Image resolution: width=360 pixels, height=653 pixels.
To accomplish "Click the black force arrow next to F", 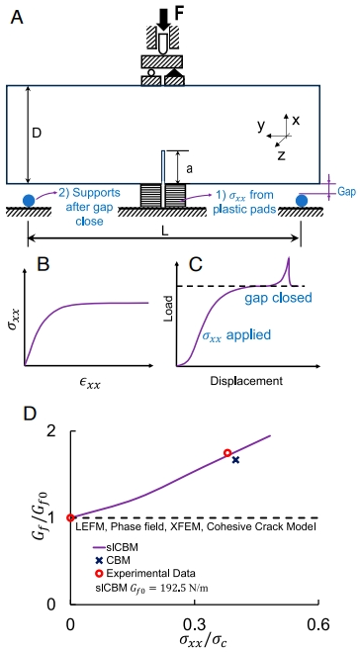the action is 164,18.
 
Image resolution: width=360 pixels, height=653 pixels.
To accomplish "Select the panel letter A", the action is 17,18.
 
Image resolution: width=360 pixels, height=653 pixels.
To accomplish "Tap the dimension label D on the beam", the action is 38,135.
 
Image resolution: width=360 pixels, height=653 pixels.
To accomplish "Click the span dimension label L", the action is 165,233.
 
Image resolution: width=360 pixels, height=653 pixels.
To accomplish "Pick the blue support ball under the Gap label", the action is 302,201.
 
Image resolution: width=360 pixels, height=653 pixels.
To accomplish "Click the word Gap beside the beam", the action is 347,192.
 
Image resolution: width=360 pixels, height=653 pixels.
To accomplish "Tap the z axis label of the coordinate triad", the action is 281,155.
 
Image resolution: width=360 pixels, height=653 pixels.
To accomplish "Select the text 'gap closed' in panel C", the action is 279,298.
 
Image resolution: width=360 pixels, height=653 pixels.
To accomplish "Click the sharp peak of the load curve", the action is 288,258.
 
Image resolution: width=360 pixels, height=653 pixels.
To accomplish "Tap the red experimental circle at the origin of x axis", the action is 71,517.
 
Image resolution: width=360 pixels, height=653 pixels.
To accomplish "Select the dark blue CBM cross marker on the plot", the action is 236,460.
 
